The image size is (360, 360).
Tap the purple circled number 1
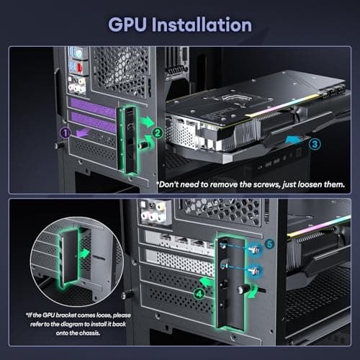coord(65,132)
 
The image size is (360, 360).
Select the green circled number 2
coord(156,132)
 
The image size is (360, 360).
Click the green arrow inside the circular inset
coord(86,253)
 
